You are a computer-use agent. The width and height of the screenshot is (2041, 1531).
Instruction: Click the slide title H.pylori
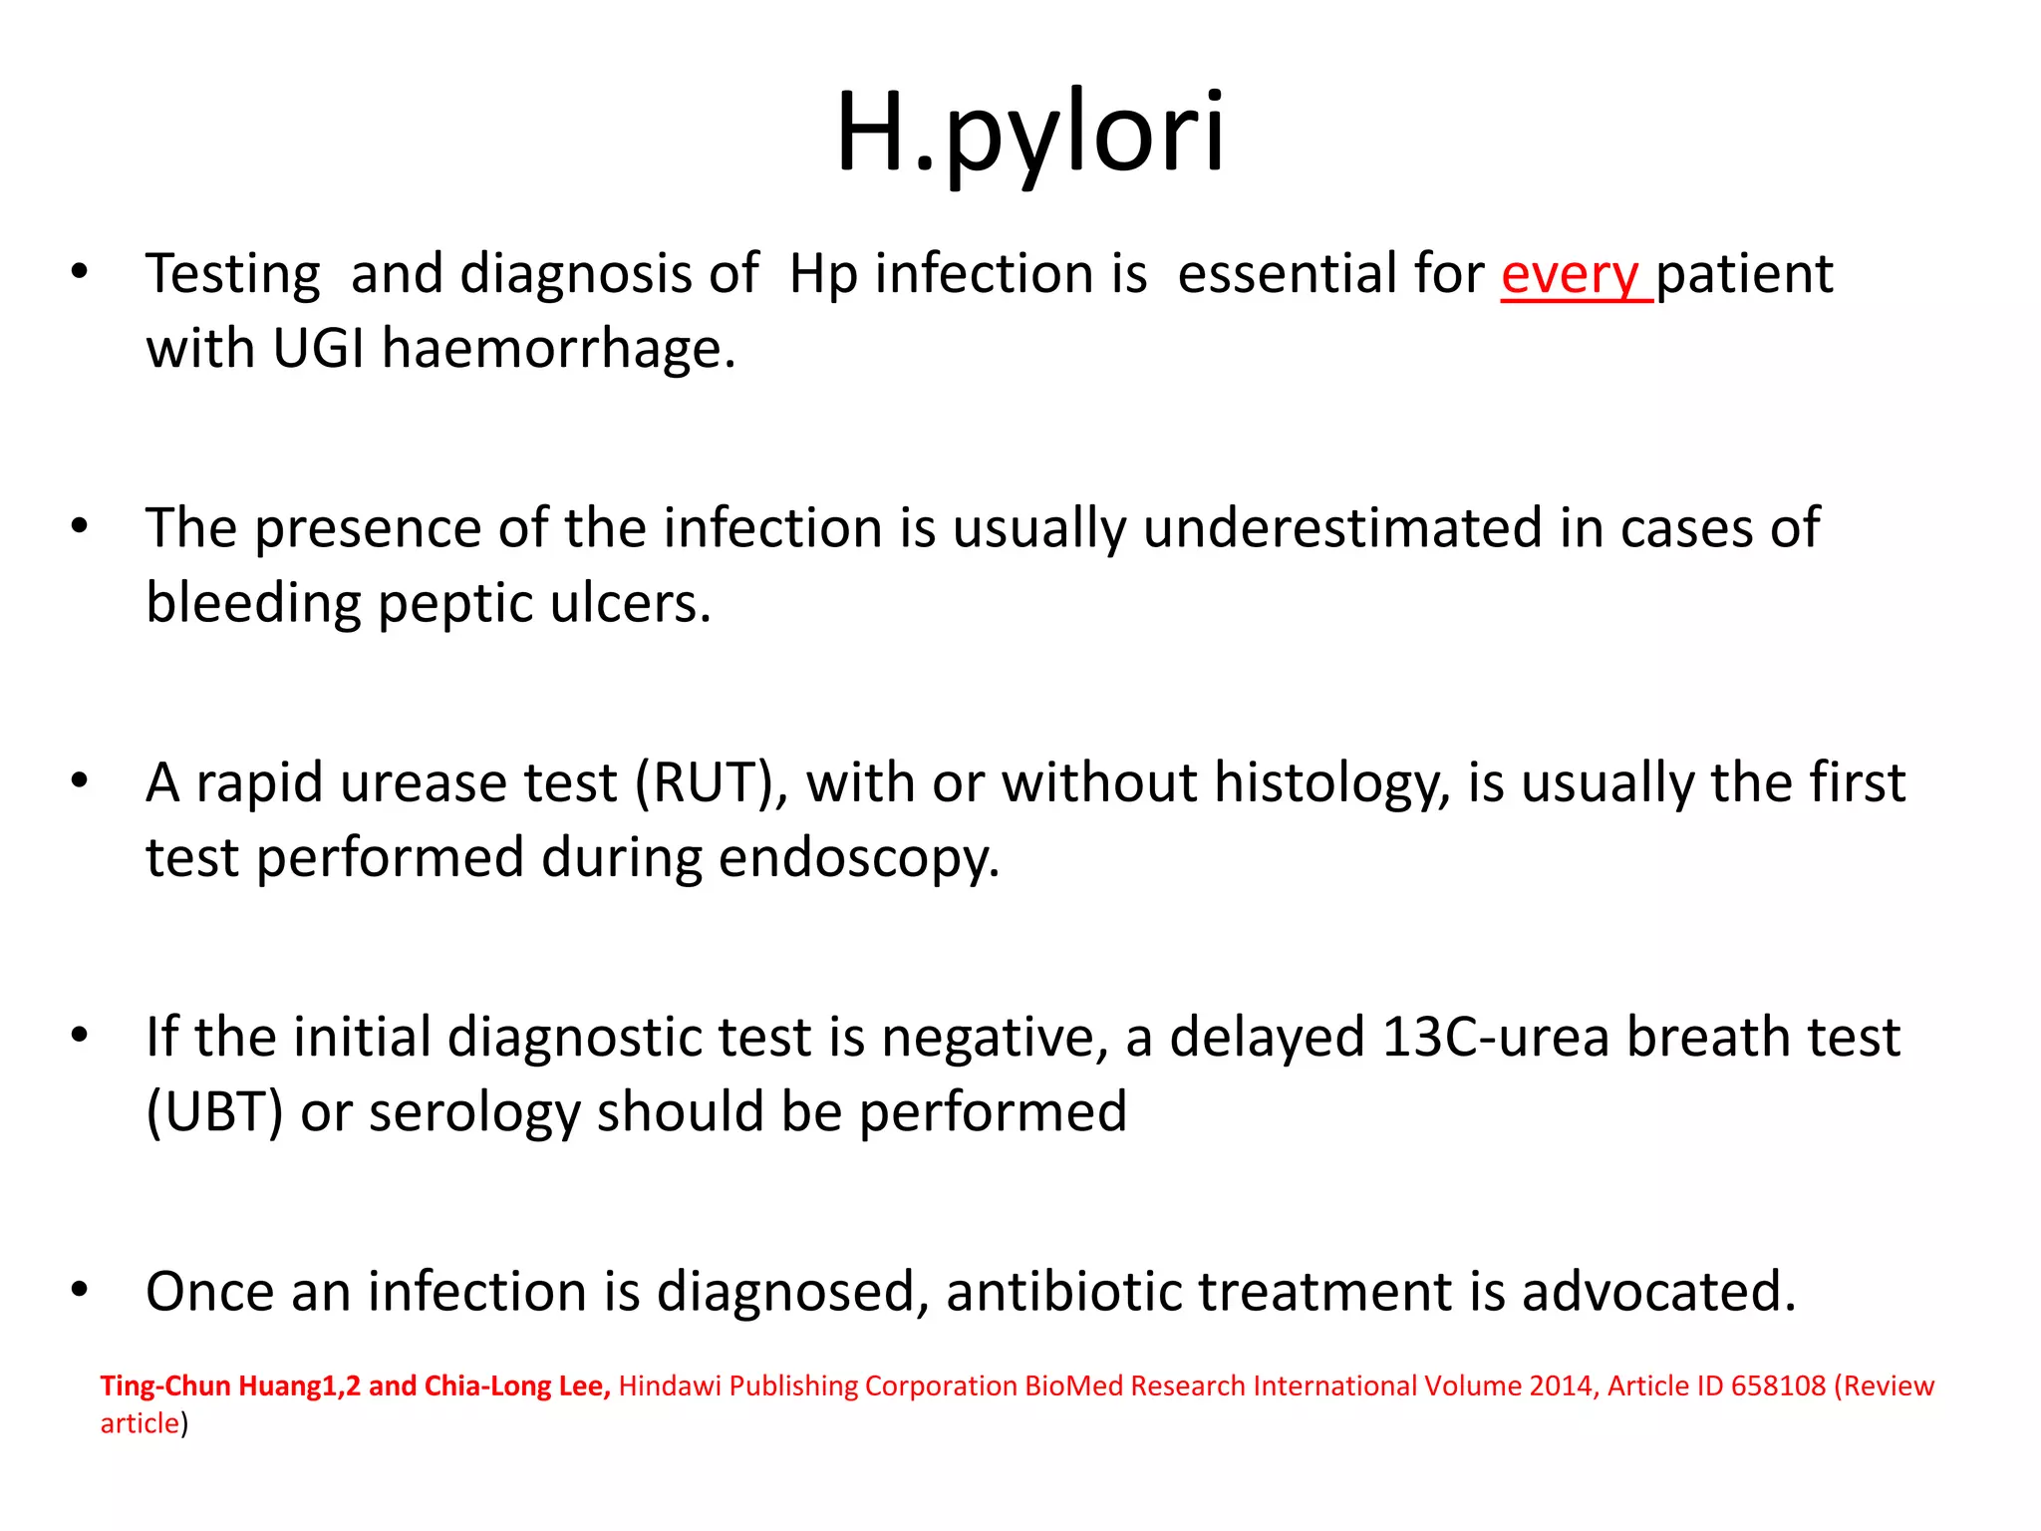coord(1030,133)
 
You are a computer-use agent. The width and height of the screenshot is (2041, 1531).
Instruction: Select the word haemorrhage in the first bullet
coord(558,349)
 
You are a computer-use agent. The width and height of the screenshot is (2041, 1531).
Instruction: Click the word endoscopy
coord(858,858)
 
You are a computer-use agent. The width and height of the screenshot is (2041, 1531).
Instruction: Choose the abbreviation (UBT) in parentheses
coord(214,1112)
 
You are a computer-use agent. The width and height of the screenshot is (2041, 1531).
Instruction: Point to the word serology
coord(474,1112)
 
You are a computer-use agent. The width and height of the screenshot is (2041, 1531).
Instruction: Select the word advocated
coord(1658,1292)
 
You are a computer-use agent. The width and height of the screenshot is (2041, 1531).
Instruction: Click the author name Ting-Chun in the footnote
coord(165,1386)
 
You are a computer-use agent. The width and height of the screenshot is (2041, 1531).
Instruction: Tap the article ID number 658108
coord(1778,1386)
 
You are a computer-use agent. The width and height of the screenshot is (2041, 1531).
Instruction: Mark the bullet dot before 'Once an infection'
coord(80,1290)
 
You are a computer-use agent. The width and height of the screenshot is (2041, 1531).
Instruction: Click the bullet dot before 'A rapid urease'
coord(80,780)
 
